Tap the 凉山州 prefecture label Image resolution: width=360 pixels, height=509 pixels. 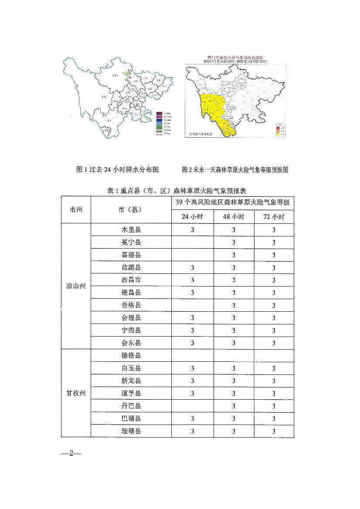pyautogui.click(x=76, y=286)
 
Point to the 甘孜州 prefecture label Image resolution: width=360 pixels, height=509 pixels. pyautogui.click(x=76, y=393)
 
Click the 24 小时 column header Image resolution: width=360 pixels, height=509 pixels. pyautogui.click(x=192, y=217)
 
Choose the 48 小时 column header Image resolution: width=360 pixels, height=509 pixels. pyautogui.click(x=234, y=217)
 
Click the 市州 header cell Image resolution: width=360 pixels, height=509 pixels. pyautogui.click(x=76, y=209)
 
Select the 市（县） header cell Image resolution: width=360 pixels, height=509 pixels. pyautogui.click(x=131, y=209)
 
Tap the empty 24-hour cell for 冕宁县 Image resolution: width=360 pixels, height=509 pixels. pyautogui.click(x=192, y=242)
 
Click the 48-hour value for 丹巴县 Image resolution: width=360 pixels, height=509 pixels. pyautogui.click(x=234, y=406)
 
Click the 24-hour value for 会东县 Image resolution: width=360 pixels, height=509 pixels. pyautogui.click(x=192, y=343)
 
